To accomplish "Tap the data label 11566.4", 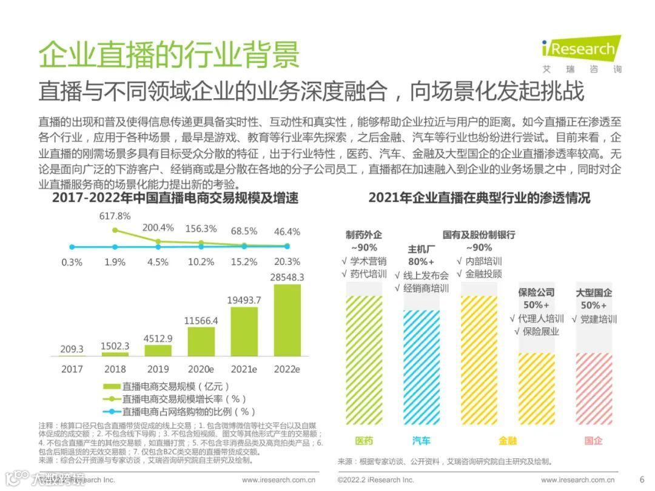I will pyautogui.click(x=201, y=320).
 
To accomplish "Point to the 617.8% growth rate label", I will pyautogui.click(x=115, y=216).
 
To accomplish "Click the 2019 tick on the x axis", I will pyautogui.click(x=158, y=369).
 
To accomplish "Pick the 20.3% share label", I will pyautogui.click(x=287, y=262).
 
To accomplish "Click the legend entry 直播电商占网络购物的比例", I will pyautogui.click(x=180, y=412).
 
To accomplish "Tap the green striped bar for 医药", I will pyautogui.click(x=364, y=361).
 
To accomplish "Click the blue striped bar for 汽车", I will pyautogui.click(x=422, y=367).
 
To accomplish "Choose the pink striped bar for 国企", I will pyautogui.click(x=593, y=389).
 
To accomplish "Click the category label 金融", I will pyautogui.click(x=508, y=441).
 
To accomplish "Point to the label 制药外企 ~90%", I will pyautogui.click(x=364, y=241).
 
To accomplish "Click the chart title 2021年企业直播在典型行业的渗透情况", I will pyautogui.click(x=479, y=198).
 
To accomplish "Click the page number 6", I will pyautogui.click(x=642, y=479).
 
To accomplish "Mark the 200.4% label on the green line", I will pyautogui.click(x=158, y=228).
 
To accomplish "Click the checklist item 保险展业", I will pyautogui.click(x=536, y=332).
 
